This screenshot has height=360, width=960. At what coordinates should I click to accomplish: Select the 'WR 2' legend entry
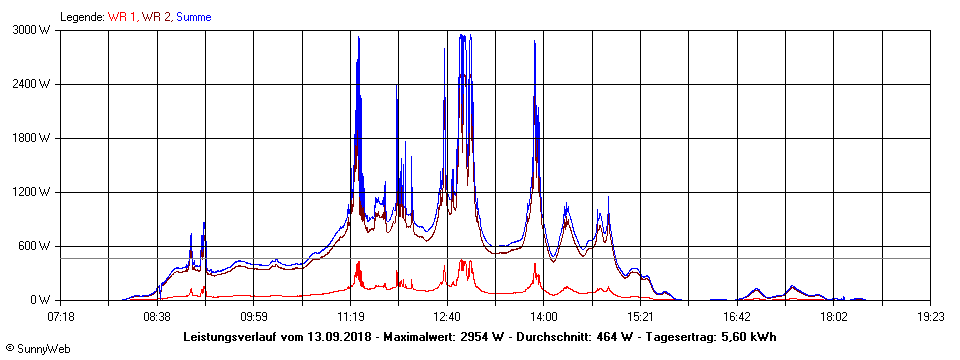156,17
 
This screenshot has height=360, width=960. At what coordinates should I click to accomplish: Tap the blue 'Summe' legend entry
193,17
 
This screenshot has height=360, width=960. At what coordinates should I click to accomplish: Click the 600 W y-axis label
36,246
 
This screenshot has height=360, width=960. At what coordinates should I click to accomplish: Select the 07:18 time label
61,316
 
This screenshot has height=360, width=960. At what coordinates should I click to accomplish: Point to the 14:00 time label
543,316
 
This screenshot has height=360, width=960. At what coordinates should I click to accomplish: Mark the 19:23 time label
930,316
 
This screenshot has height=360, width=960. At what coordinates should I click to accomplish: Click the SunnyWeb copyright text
37,349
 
